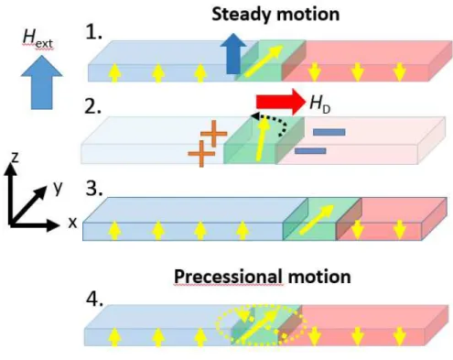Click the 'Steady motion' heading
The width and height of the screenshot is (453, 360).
[275, 15]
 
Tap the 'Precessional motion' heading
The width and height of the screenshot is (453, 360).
[263, 277]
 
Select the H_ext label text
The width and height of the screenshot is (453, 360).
[38, 38]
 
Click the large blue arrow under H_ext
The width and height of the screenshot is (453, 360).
[41, 82]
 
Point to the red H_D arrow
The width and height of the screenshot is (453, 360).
[281, 102]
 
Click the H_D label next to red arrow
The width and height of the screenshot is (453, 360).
[320, 104]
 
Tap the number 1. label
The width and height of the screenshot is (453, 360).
[94, 32]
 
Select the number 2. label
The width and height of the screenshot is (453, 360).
[92, 106]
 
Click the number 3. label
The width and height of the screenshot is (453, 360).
[94, 189]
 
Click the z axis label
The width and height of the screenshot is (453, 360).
[15, 158]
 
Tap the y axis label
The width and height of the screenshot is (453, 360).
[58, 188]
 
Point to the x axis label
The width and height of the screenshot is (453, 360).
[72, 223]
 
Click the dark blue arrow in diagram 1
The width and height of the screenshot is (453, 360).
[233, 53]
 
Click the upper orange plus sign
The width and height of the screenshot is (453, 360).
[214, 134]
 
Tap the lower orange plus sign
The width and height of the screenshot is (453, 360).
[201, 154]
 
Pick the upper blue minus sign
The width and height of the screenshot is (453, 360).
[329, 132]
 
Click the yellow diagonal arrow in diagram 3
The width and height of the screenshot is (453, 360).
[317, 220]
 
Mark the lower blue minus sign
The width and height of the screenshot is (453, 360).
[310, 151]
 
